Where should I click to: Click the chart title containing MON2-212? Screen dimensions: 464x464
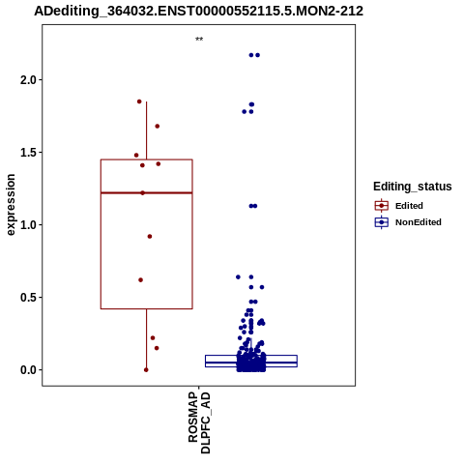(x=199, y=11)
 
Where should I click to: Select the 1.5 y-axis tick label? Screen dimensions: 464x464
(x=28, y=152)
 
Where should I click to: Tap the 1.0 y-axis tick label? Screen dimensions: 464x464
(x=28, y=224)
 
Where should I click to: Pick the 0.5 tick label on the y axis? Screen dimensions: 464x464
(x=28, y=297)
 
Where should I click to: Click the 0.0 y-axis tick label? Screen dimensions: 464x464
(x=28, y=370)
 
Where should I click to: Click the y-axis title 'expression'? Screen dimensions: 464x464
(x=11, y=205)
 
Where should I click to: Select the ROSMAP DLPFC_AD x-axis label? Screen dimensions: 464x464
(x=199, y=422)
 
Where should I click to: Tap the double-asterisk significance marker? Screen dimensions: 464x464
(x=199, y=40)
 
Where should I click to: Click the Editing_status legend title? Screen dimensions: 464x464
(x=413, y=187)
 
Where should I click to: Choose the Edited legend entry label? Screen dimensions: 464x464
(x=409, y=206)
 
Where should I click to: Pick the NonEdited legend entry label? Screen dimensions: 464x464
(x=419, y=222)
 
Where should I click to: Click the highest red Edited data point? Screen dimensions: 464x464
(x=139, y=101)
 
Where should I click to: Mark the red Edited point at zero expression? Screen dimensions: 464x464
(x=146, y=370)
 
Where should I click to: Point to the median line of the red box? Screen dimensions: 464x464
(x=147, y=192)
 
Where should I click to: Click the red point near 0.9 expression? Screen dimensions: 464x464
(x=150, y=237)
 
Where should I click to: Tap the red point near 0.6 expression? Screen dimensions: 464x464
(x=140, y=280)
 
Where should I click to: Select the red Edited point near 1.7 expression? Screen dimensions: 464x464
(x=158, y=126)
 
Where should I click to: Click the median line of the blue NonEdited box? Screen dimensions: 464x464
(x=251, y=362)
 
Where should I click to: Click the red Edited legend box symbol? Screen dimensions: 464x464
(x=382, y=206)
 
